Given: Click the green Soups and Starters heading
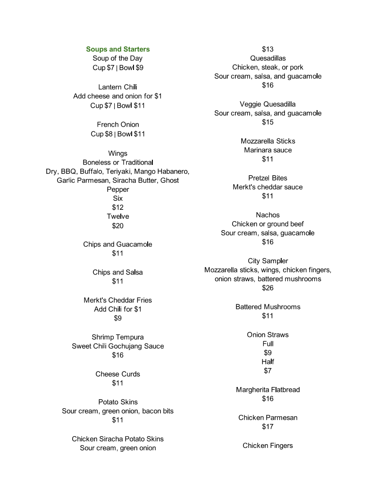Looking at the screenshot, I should coord(118,49).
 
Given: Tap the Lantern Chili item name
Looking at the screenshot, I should coord(117,87).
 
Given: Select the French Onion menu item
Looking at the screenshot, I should coord(118,125).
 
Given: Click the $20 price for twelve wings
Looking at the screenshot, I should coord(117,226).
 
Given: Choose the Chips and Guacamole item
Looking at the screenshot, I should coord(117,244).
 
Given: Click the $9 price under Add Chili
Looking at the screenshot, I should coord(117,318).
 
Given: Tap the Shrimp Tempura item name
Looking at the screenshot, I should coord(117,337).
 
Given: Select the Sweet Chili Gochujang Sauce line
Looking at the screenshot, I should coord(117,346).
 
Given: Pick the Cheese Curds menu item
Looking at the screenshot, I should coord(117,374).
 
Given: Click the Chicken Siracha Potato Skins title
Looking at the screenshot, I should coord(117,439).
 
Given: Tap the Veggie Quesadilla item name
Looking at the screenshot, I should coord(268,104).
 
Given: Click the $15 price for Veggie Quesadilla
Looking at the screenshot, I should coord(268,122).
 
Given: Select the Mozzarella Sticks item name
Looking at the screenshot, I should coord(268,141).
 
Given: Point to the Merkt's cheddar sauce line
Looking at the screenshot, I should coord(268,187).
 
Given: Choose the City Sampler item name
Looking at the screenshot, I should coord(268,261).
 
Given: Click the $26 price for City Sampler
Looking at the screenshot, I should coord(268,288).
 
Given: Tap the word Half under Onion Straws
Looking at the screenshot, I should coord(268,362).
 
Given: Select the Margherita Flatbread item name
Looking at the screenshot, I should coord(268,390).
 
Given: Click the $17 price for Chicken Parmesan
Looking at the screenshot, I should coord(268,427).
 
